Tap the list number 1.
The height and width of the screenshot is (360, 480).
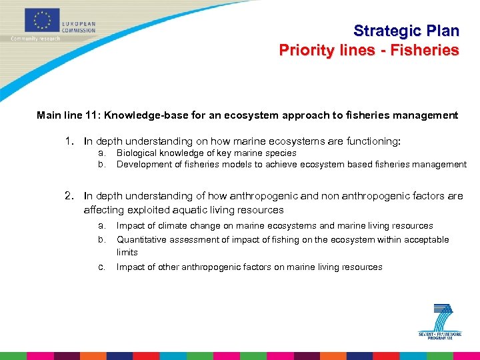point(69,141)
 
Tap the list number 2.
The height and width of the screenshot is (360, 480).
point(69,196)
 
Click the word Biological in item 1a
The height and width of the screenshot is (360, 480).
point(137,153)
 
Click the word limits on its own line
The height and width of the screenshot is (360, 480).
point(127,252)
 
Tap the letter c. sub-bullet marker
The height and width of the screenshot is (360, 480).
point(101,267)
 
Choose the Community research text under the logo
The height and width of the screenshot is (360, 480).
point(35,39)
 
